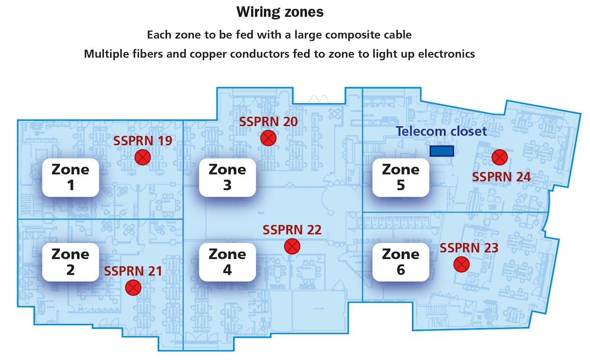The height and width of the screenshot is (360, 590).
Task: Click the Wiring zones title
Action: (x=280, y=12)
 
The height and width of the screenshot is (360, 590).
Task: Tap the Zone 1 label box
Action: (x=70, y=178)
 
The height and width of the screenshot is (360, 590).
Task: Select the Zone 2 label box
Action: (x=70, y=262)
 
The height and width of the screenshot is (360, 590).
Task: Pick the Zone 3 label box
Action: (x=227, y=178)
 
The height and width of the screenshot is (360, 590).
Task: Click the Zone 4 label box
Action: (x=227, y=262)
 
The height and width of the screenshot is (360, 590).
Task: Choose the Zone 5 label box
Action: (x=400, y=178)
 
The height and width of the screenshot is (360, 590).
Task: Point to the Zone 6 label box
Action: (x=400, y=262)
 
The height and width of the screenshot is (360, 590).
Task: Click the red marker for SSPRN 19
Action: (x=143, y=157)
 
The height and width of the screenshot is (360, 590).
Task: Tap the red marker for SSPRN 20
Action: (x=268, y=138)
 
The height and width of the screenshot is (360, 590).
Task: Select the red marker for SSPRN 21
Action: (x=133, y=288)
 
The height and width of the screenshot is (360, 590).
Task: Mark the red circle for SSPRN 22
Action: (x=292, y=246)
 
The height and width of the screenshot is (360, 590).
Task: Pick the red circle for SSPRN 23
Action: (x=461, y=265)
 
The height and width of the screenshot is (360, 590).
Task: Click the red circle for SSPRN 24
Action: (x=500, y=157)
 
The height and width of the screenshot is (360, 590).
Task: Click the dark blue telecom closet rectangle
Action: (x=442, y=151)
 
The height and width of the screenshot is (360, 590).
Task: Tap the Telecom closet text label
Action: (x=441, y=131)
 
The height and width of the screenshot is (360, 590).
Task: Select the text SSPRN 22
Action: (x=292, y=230)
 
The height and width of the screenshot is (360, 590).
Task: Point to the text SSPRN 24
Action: (x=501, y=177)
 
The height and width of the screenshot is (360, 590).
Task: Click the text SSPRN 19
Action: (x=143, y=141)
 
